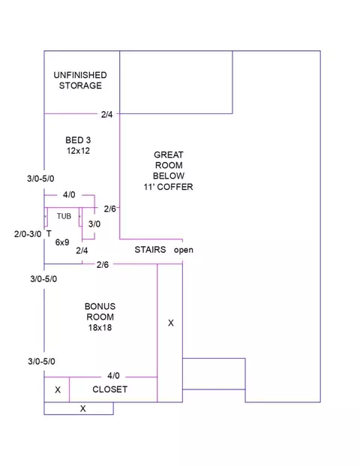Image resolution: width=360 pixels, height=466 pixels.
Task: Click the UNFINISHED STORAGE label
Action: click(x=80, y=80)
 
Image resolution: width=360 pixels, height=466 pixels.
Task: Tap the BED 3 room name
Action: click(x=78, y=140)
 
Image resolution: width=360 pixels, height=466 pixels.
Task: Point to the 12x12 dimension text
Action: click(x=78, y=151)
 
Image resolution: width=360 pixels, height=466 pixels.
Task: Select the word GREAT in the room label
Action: click(x=169, y=155)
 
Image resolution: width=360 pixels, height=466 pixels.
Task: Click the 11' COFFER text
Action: click(x=169, y=187)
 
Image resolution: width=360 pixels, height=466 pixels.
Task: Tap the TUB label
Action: click(x=64, y=216)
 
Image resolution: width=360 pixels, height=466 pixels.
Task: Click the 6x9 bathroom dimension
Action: click(x=62, y=242)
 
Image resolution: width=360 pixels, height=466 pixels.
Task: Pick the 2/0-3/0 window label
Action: click(x=28, y=234)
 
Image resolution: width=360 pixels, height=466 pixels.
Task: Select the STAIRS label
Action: click(x=150, y=250)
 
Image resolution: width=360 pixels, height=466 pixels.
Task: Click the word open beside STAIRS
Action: click(x=184, y=250)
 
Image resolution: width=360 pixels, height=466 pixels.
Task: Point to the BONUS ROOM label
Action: click(x=100, y=311)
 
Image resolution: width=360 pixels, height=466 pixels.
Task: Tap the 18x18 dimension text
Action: click(x=100, y=327)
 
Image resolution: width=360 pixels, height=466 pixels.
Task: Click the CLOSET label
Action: click(x=110, y=389)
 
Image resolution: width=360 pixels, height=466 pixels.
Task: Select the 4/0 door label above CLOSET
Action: click(x=113, y=376)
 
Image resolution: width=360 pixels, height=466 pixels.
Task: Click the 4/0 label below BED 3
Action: click(x=69, y=194)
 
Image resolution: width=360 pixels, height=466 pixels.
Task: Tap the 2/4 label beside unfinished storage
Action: click(x=107, y=114)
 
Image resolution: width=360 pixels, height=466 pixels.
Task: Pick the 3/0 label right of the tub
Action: click(x=94, y=224)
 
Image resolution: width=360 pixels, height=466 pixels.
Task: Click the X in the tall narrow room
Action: click(x=171, y=323)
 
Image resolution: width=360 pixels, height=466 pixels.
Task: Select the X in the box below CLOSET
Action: click(x=82, y=409)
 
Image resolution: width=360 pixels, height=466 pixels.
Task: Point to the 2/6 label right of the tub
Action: click(x=109, y=209)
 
